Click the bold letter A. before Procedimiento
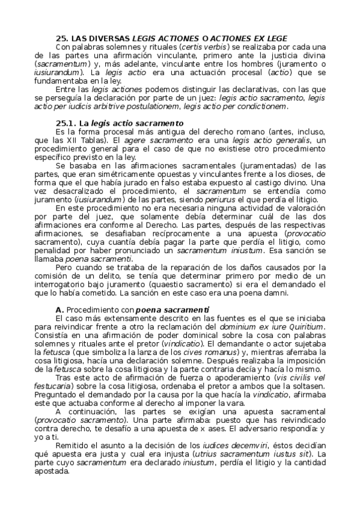(x=58, y=309)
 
